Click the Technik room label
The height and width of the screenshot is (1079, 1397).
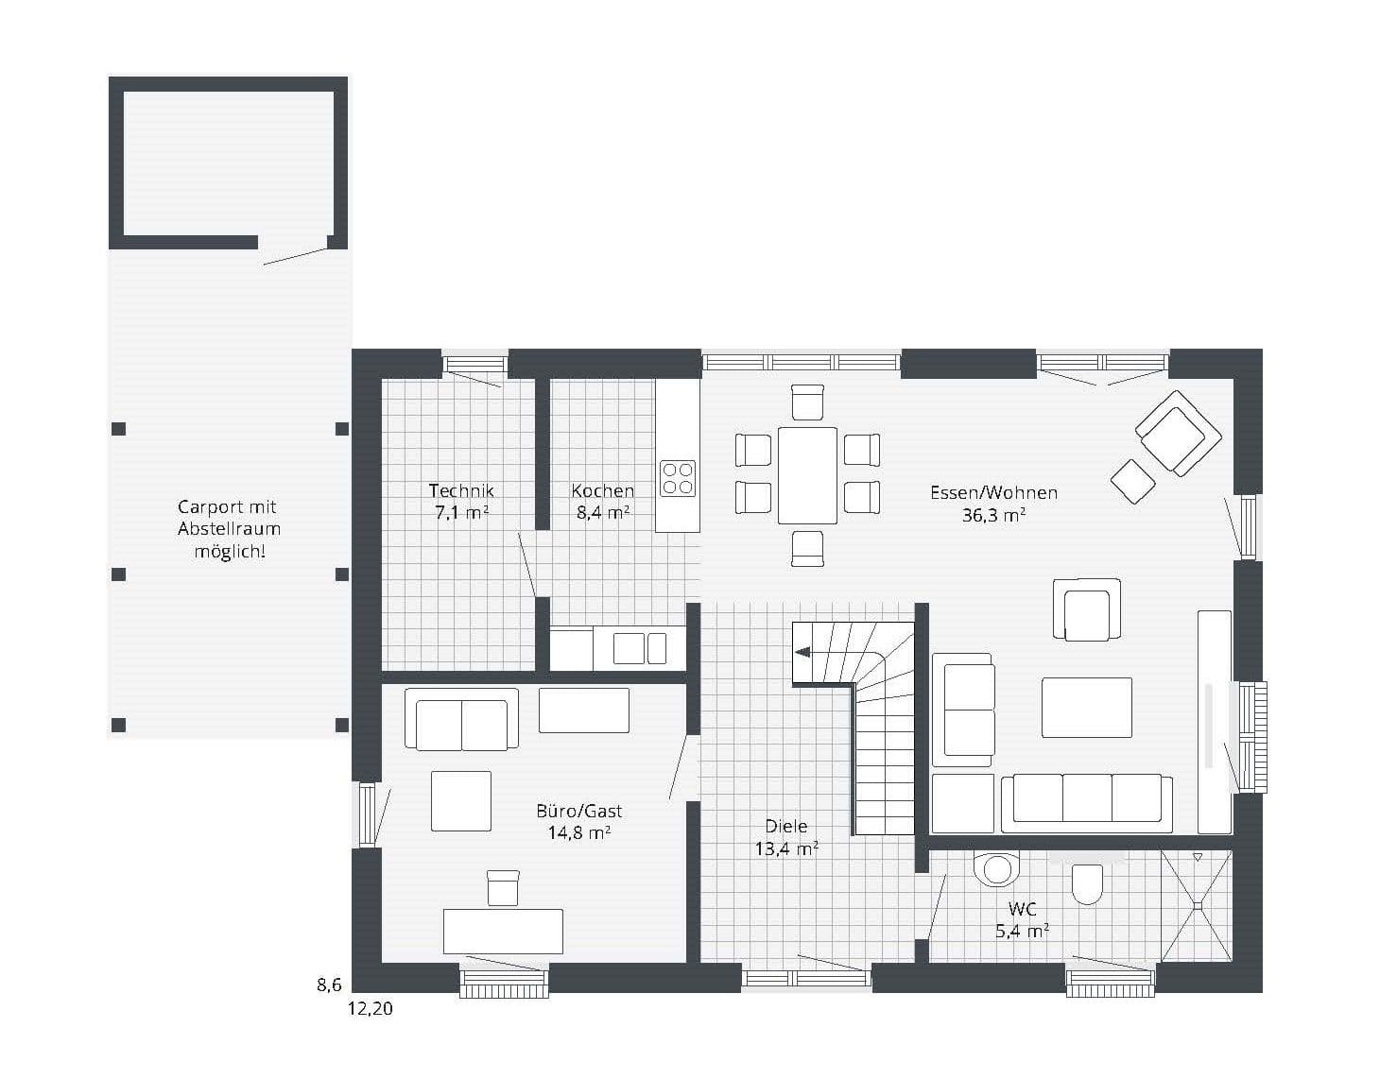tap(461, 491)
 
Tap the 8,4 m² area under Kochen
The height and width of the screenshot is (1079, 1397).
tap(602, 513)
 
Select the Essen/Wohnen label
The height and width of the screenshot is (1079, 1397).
tap(993, 493)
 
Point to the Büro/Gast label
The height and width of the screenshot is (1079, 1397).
tap(578, 811)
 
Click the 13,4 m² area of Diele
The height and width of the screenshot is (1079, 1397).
tap(786, 849)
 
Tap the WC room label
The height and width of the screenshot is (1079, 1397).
tap(1022, 909)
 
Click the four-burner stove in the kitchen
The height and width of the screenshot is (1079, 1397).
tap(678, 478)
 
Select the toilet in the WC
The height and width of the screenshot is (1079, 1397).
tap(1087, 883)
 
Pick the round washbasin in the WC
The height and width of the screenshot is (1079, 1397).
tap(996, 869)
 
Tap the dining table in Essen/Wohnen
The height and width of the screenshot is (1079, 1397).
tap(807, 475)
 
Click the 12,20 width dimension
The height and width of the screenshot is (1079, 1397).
tap(371, 1009)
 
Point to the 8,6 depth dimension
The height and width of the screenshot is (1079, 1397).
tap(329, 985)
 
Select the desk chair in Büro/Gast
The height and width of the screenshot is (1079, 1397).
tap(503, 887)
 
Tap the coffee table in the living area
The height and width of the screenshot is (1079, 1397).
tap(1086, 708)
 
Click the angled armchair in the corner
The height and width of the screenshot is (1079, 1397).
tap(1178, 434)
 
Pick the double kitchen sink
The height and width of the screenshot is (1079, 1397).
tap(640, 648)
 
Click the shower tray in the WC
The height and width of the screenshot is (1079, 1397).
tap(1197, 906)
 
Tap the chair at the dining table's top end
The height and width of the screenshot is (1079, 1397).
tap(807, 402)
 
